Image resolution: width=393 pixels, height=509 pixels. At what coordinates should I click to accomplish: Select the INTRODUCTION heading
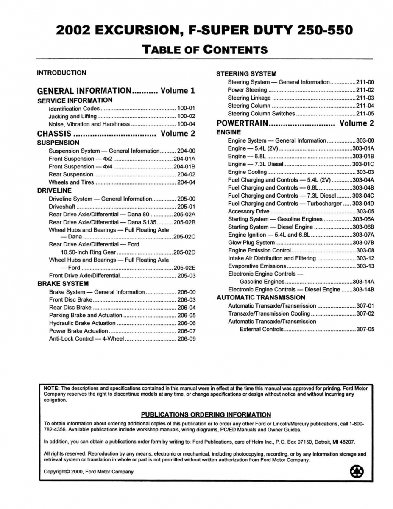pyautogui.click(x=61, y=73)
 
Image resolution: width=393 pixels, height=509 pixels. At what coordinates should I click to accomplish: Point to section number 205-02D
pyautogui.click(x=184, y=252)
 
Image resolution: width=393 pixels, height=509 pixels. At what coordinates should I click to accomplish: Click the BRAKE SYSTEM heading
pyautogui.click(x=63, y=284)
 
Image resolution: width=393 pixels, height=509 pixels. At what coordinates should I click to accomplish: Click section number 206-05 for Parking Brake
pyautogui.click(x=187, y=316)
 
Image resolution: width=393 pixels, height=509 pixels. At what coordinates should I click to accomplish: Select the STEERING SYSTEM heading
pyautogui.click(x=246, y=74)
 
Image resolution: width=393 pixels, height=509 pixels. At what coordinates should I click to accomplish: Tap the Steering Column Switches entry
pyautogui.click(x=261, y=114)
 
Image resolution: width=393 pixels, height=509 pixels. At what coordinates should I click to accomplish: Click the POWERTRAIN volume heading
pyautogui.click(x=242, y=123)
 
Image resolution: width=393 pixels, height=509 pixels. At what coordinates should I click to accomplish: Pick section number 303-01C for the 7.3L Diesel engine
pyautogui.click(x=363, y=164)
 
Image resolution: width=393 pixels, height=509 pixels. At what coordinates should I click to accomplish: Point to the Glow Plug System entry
pyautogui.click(x=251, y=243)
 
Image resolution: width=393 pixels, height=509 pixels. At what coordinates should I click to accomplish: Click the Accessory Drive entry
pyautogui.click(x=248, y=211)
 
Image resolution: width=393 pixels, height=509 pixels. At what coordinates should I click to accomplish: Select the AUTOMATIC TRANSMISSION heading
pyautogui.click(x=261, y=298)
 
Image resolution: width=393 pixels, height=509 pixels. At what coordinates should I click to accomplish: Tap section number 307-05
pyautogui.click(x=365, y=329)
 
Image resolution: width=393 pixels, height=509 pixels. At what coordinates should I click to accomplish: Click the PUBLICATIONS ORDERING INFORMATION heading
pyautogui.click(x=206, y=415)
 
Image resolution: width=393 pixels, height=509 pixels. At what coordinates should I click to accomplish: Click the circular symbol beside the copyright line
pyautogui.click(x=357, y=472)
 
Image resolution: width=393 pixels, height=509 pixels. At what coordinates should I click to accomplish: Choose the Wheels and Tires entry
pyautogui.click(x=71, y=182)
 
